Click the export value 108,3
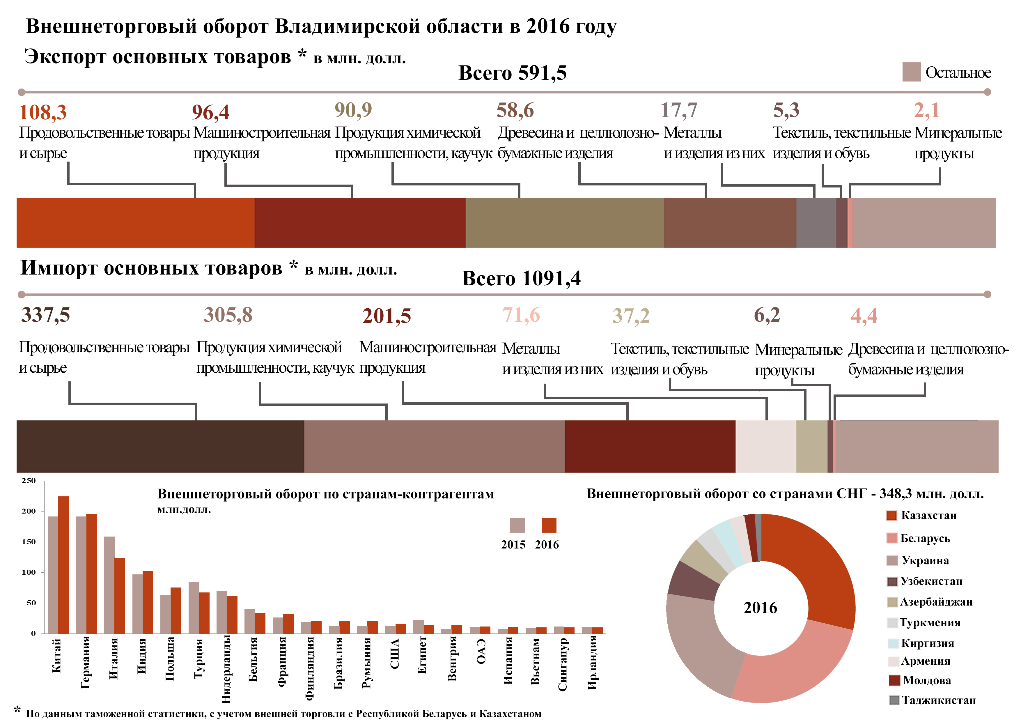coord(43,112)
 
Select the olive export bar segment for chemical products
coord(564,222)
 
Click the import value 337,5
coord(45,315)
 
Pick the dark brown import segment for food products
coord(160,446)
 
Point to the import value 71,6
coord(521,315)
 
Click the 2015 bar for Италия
coord(109,585)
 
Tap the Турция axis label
coord(198,658)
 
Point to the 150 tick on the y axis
coord(29,542)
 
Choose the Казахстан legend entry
coord(928,516)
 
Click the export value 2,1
coord(927,110)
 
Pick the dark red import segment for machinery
coord(650,446)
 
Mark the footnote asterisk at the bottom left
coord(17,709)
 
